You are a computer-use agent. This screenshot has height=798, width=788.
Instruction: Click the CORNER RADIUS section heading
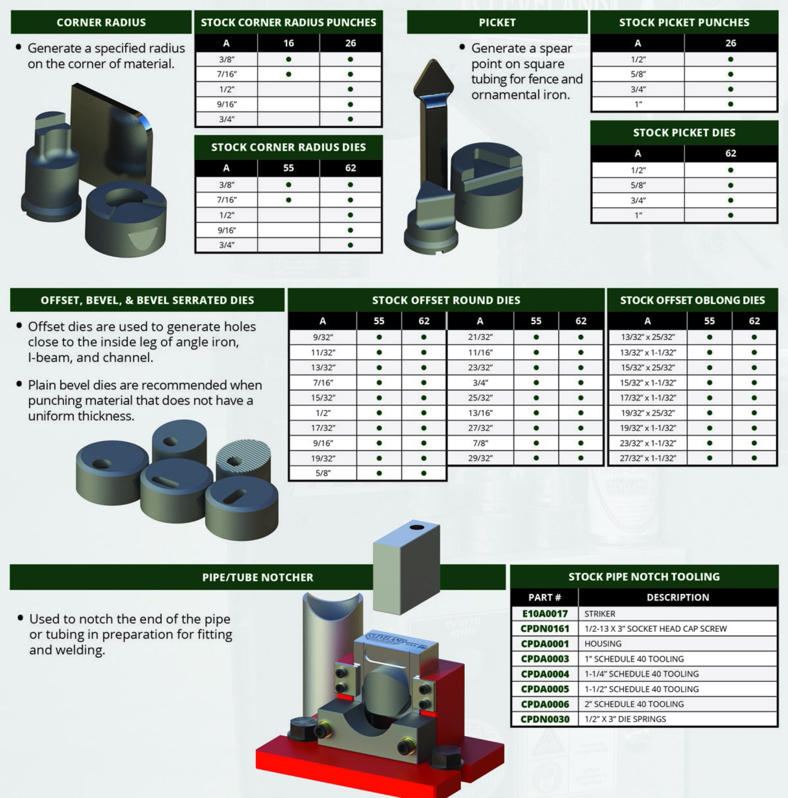coord(101,22)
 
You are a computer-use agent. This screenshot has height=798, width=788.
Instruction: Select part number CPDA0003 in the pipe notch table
coord(544,659)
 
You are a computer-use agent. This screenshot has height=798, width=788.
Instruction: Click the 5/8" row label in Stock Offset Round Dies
coord(323,473)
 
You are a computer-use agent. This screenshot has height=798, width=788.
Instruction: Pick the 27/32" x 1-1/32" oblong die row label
coord(647,458)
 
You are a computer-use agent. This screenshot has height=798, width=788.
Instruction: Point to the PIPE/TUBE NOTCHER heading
coord(258,577)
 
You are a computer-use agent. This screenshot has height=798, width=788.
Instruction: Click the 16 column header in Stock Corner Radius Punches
coord(288,43)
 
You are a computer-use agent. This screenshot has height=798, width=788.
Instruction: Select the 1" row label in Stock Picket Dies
coord(638,215)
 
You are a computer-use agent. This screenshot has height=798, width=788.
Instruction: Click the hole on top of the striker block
coord(416,527)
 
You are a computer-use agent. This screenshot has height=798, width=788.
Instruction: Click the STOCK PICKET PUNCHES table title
coord(684,22)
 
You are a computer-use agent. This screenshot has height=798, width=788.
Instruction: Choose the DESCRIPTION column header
coord(677,597)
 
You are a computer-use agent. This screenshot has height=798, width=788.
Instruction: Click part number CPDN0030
coord(544,719)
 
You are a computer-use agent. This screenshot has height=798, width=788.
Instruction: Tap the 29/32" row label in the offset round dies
coord(480,458)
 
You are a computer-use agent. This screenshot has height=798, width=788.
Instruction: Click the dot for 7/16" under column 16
coord(288,74)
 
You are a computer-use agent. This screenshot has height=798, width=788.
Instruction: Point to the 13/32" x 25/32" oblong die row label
coord(647,337)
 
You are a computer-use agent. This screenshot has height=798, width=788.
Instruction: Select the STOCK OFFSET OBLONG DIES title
coord(692,300)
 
